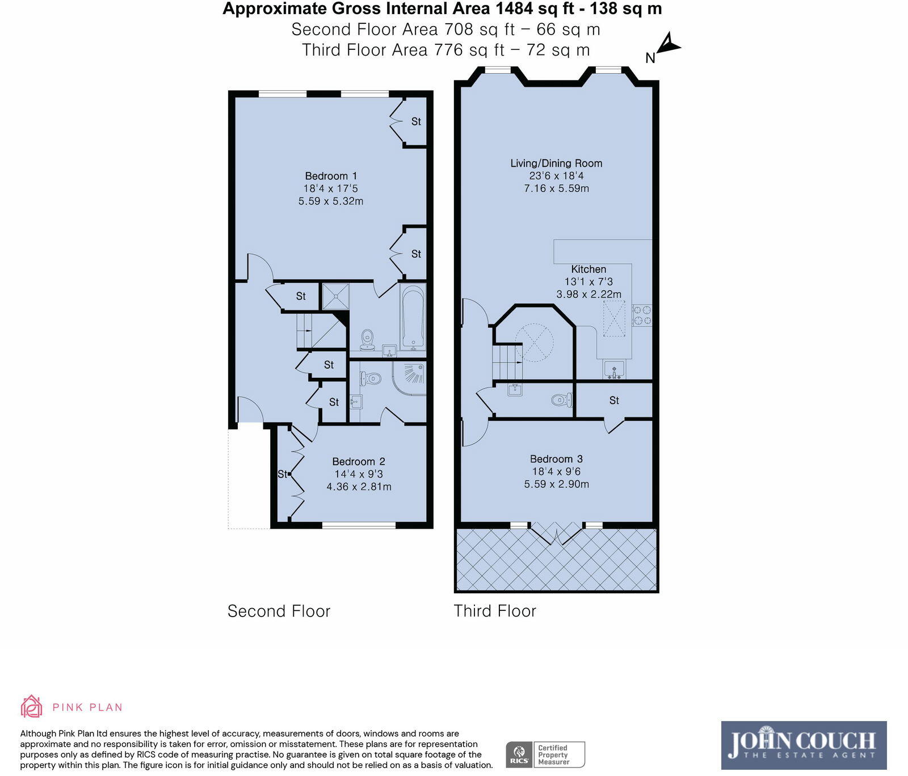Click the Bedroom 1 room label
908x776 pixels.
coord(331,176)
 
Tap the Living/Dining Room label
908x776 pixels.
coord(556,163)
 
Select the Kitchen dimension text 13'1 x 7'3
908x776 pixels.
coord(588,282)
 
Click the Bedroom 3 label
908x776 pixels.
coord(556,459)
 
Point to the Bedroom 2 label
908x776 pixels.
coord(359,462)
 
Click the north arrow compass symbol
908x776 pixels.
coord(668,45)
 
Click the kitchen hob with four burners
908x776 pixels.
coord(642,315)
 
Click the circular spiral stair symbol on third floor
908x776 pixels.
coord(534,342)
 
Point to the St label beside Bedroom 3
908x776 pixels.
coord(614,400)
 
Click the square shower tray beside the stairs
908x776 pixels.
coord(335,296)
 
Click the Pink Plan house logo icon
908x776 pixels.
coord(32,707)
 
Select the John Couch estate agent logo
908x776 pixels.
coord(804,745)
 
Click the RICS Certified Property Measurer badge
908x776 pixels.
coord(545,755)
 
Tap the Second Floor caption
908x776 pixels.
coord(279,611)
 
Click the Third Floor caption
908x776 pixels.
coord(495,611)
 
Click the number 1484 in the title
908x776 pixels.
coord(514,9)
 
